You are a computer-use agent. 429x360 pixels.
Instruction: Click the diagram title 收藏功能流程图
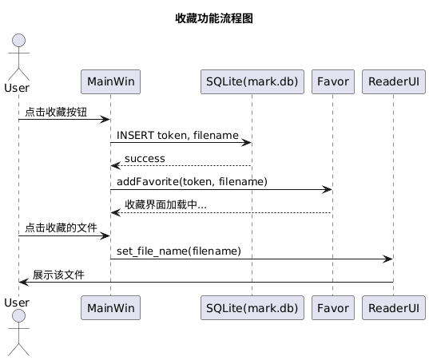(214, 18)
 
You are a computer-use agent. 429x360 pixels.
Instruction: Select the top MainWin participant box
(111, 82)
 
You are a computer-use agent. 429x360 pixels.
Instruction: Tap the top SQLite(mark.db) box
(252, 82)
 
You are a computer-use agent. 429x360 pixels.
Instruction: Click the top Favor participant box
(332, 82)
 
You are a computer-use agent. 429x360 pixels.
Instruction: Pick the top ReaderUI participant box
(393, 82)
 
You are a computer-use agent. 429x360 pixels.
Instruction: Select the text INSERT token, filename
(177, 136)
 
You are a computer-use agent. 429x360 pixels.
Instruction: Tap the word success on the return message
(145, 159)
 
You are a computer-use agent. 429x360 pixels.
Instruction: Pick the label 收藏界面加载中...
(165, 205)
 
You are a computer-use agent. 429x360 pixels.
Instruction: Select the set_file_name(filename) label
(179, 251)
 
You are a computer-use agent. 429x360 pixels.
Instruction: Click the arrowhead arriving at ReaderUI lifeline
(387, 259)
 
